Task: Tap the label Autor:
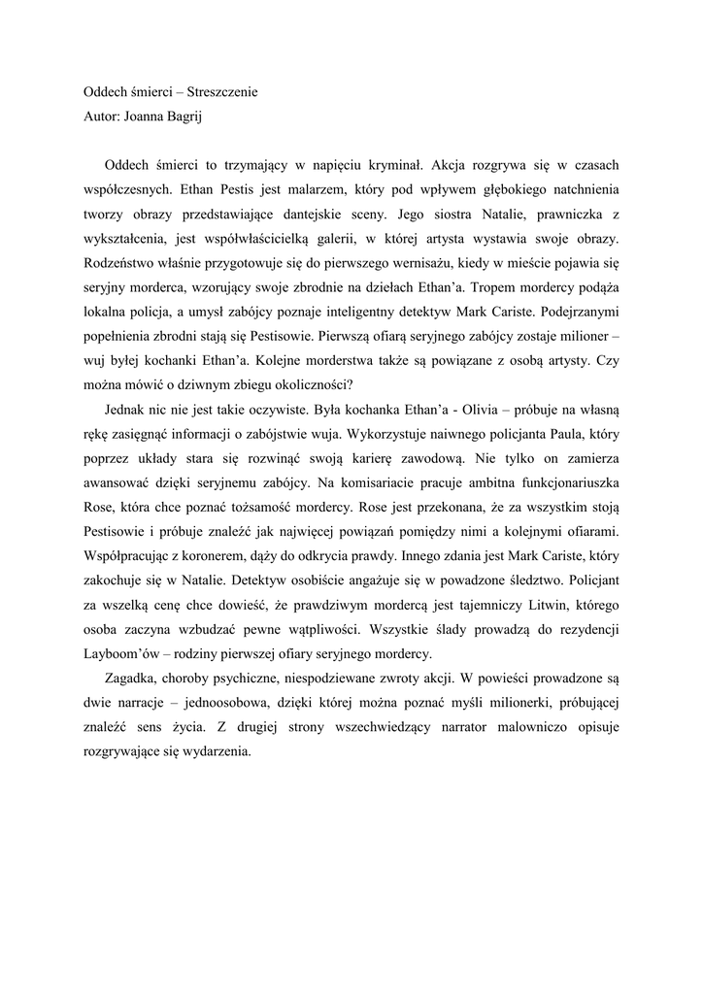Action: click(101, 118)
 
